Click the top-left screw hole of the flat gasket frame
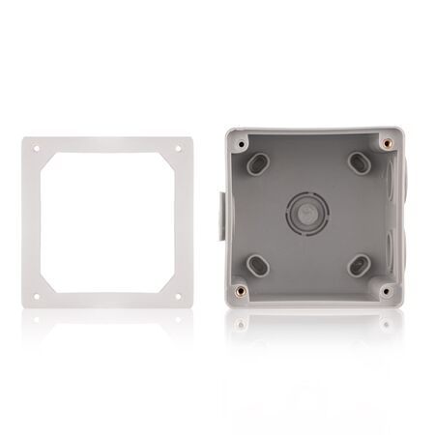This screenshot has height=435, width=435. (x=38, y=149)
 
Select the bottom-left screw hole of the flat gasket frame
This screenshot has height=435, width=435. (x=38, y=292)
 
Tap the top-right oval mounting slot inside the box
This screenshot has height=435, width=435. (x=358, y=159)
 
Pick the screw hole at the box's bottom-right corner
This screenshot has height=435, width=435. (x=387, y=289)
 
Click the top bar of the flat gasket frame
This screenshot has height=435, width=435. (x=108, y=146)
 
